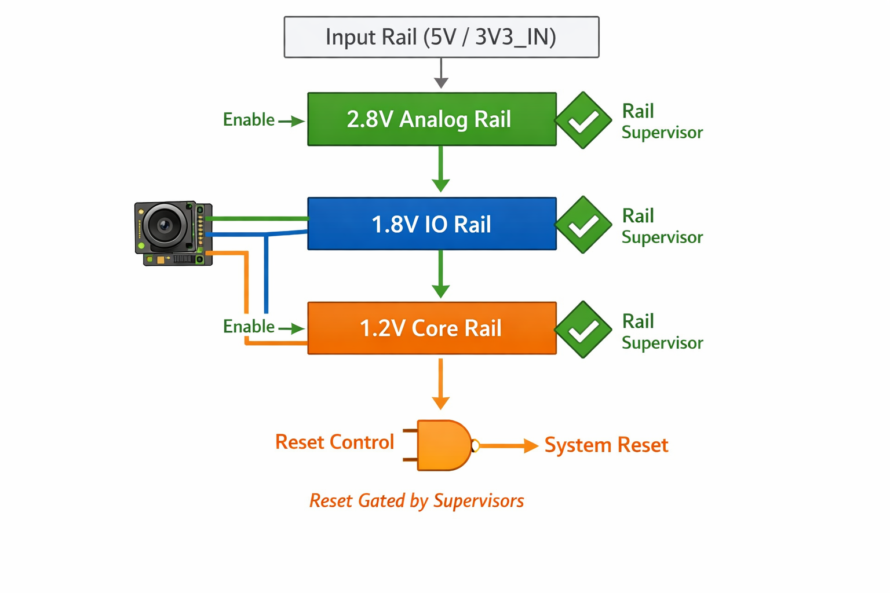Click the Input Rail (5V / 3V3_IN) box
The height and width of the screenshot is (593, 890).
tap(441, 37)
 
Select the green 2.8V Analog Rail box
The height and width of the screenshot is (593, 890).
tap(432, 119)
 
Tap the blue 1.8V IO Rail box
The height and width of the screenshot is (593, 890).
tap(432, 224)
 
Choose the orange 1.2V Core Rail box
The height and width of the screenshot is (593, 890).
tap(432, 328)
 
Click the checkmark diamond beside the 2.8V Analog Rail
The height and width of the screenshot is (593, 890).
tap(583, 120)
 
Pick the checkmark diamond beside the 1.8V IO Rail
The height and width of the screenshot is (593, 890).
tap(583, 225)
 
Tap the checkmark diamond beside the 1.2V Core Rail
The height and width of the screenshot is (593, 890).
tap(583, 330)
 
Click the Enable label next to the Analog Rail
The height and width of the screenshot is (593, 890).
tap(249, 120)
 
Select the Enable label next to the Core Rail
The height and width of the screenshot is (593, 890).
tap(249, 327)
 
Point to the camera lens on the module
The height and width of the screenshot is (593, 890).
tap(165, 225)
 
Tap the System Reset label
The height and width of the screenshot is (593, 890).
tap(606, 445)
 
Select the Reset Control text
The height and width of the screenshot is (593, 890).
tap(334, 442)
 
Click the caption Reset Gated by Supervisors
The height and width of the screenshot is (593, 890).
tap(417, 501)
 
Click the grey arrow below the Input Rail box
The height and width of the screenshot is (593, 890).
tap(441, 74)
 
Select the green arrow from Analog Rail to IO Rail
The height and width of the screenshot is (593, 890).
tap(441, 169)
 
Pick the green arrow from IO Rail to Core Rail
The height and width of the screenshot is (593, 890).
tap(441, 274)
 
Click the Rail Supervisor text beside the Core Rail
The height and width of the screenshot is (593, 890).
tap(662, 332)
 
